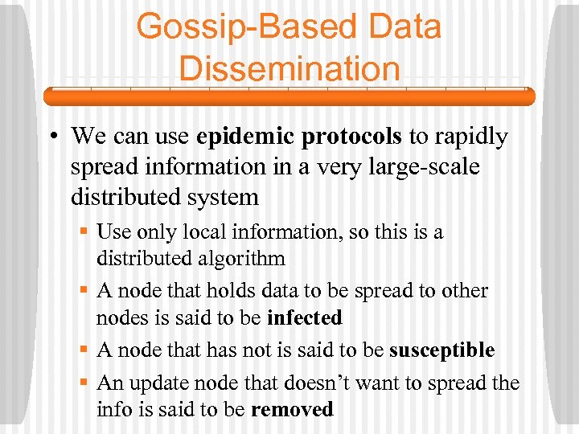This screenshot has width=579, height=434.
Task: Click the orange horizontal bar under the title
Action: point(289,96)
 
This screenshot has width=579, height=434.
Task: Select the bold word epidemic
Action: point(247,137)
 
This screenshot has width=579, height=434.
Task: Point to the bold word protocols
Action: point(351,137)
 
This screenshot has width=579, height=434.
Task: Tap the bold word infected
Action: point(304,317)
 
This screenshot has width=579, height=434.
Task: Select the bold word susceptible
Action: point(441,350)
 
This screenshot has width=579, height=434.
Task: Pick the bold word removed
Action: point(292,409)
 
